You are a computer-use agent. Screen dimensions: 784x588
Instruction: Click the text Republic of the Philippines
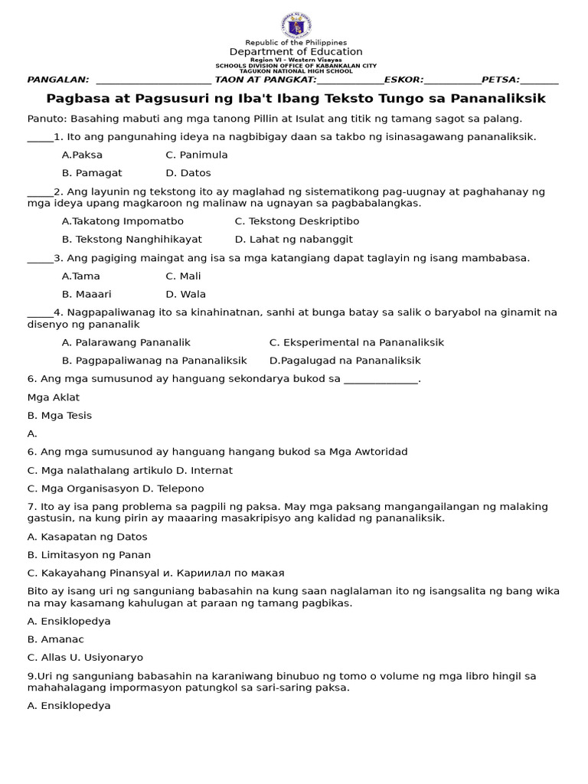[x=296, y=42]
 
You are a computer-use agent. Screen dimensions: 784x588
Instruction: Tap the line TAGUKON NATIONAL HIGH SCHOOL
[x=296, y=71]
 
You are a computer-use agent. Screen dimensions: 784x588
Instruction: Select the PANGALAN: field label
[x=58, y=80]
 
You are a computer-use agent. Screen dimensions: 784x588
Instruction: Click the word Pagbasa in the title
[x=74, y=99]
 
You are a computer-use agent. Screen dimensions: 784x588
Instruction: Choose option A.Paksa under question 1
[x=82, y=155]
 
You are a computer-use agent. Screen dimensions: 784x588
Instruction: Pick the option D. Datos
[x=188, y=173]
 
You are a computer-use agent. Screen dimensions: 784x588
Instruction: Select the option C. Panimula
[x=196, y=155]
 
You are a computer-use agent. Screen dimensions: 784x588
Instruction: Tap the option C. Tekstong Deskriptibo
[x=286, y=221]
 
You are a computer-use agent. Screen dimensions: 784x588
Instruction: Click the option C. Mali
[x=183, y=276]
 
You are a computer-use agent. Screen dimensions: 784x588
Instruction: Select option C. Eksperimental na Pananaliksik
[x=356, y=342]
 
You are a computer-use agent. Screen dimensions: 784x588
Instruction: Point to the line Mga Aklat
[x=54, y=397]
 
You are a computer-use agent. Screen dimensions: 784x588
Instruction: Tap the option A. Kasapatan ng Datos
[x=87, y=537]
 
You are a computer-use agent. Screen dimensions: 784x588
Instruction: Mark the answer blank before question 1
[x=40, y=138]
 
